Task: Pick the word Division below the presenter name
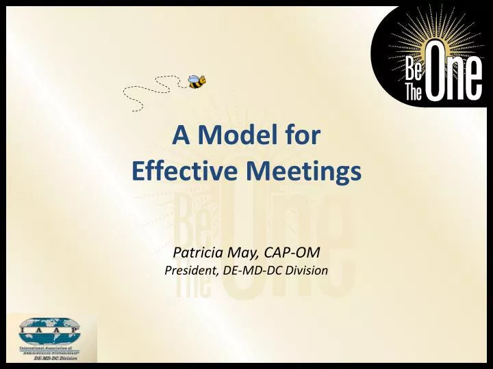pyautogui.click(x=308, y=271)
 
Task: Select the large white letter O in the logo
pyautogui.click(x=438, y=81)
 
